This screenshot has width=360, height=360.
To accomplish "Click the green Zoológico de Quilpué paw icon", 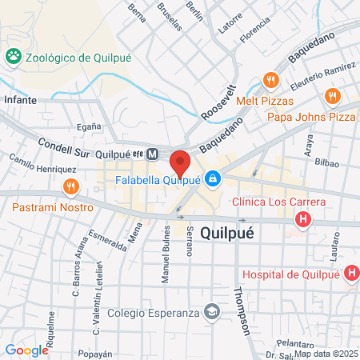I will tap(14, 57).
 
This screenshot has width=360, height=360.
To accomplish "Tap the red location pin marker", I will tap(180, 162).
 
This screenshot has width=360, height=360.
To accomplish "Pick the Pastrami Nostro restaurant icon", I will tap(70, 187).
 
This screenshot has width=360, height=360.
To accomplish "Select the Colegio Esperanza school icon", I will tap(212, 311).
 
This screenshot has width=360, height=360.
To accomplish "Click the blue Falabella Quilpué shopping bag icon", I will tap(212, 178).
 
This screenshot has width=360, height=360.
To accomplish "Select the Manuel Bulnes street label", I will tap(167, 253).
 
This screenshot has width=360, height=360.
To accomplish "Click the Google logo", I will tap(26, 350).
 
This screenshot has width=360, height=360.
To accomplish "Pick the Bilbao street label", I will tap(326, 163).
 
